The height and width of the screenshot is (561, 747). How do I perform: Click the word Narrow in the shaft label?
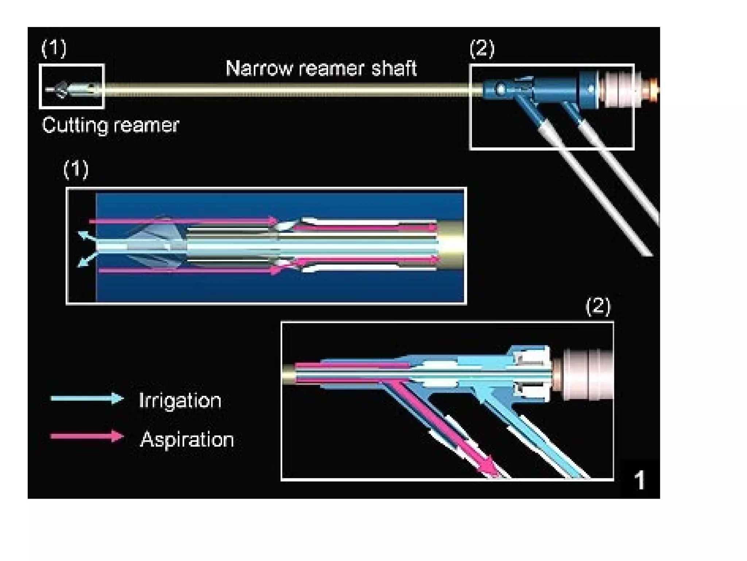click(x=258, y=68)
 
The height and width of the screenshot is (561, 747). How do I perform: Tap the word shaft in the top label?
click(x=394, y=68)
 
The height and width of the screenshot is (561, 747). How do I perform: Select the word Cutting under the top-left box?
click(x=74, y=125)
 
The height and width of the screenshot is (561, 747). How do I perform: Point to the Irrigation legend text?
click(x=180, y=401)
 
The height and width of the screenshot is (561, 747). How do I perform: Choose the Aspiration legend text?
click(x=187, y=439)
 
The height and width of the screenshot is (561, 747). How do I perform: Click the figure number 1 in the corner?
click(x=639, y=480)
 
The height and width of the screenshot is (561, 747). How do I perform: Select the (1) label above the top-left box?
click(x=54, y=48)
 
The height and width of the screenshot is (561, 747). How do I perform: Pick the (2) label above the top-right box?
click(x=482, y=48)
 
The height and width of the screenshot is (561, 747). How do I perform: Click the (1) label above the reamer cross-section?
click(x=76, y=169)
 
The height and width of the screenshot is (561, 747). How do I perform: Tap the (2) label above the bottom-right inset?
click(x=598, y=306)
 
